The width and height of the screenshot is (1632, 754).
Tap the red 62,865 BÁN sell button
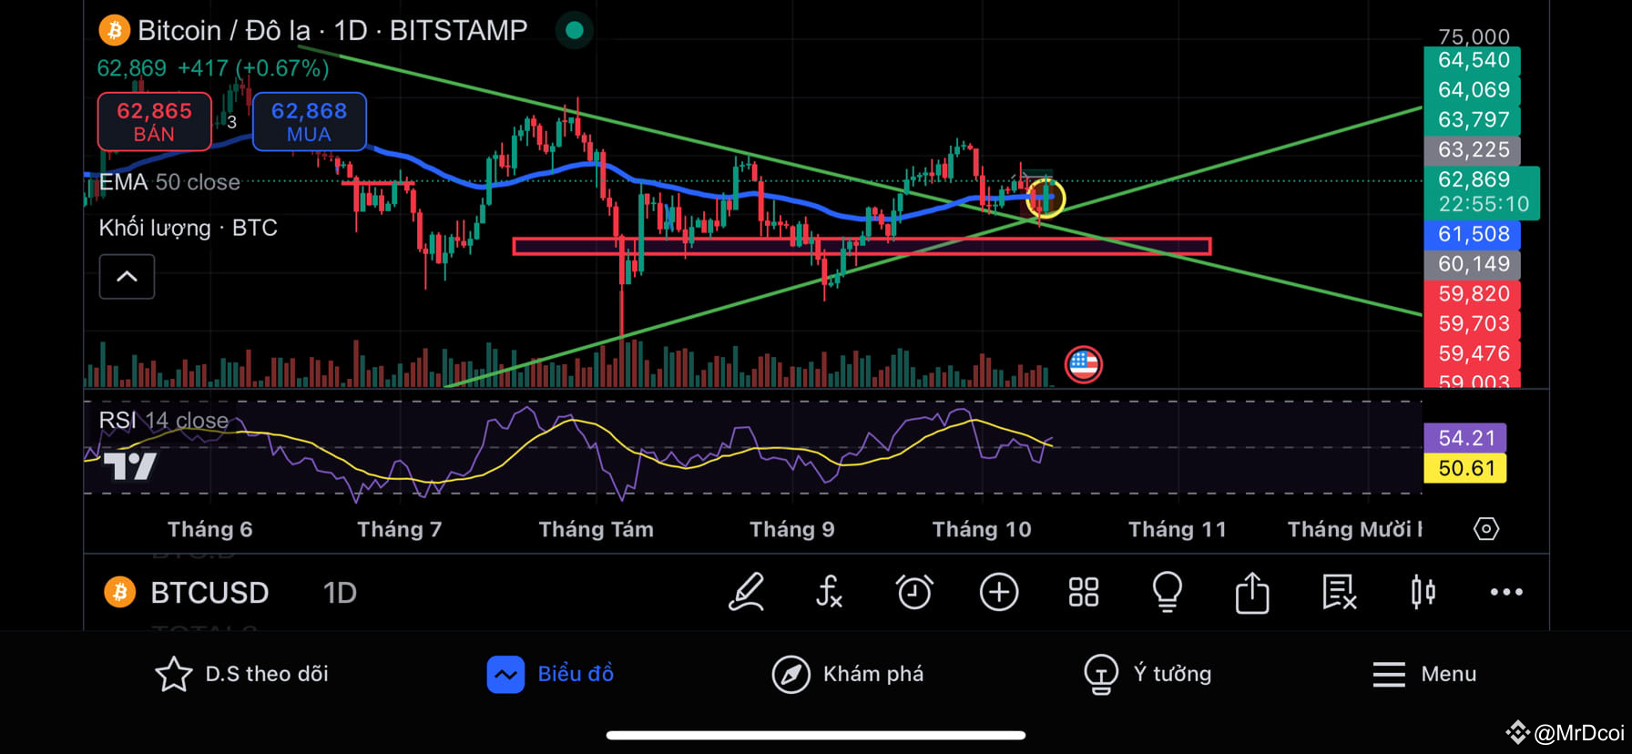154,122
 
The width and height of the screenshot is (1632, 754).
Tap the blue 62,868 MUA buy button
309,122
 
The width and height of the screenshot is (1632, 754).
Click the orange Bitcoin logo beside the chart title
114,31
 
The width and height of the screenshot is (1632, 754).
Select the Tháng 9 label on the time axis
791,529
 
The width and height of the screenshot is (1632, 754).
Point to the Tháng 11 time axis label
1177,529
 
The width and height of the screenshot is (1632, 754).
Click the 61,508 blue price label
1473,234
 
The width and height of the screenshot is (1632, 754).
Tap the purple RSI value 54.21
1465,438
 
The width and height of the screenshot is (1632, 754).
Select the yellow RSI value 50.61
1465,468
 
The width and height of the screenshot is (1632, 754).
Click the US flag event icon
1083,364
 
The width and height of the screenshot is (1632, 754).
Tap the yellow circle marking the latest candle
1045,198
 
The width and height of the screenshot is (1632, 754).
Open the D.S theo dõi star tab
173,674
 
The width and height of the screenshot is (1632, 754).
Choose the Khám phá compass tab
790,674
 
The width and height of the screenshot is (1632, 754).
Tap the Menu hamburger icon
1389,674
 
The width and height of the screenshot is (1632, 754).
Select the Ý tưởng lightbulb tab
1100,674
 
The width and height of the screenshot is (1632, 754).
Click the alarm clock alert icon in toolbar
913,592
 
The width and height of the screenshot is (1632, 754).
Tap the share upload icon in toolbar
1252,592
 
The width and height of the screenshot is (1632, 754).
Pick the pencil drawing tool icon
746,592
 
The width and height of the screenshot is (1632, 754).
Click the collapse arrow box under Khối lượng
127,276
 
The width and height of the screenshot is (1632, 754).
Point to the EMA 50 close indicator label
169,182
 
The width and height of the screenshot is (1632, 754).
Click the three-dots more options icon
1505,592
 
